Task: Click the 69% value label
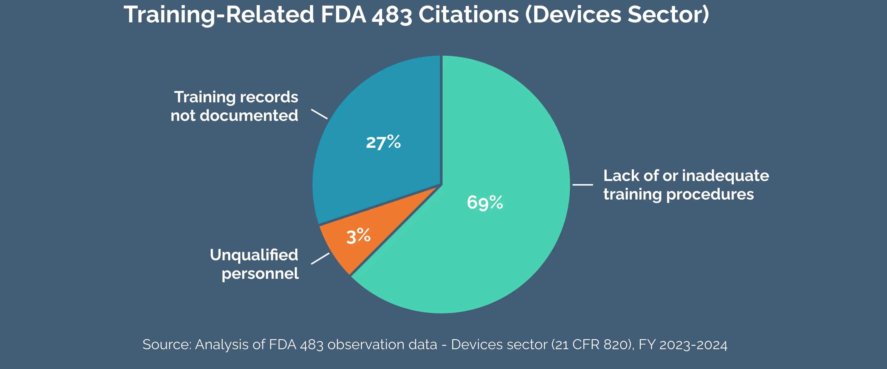[485, 202]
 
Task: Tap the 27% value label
[383, 142]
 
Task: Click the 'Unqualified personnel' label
[254, 264]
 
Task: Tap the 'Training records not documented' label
[235, 106]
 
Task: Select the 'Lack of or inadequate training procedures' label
[686, 185]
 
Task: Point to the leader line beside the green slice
[583, 185]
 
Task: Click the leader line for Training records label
[319, 114]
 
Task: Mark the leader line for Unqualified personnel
[320, 259]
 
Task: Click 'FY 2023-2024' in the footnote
[683, 344]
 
